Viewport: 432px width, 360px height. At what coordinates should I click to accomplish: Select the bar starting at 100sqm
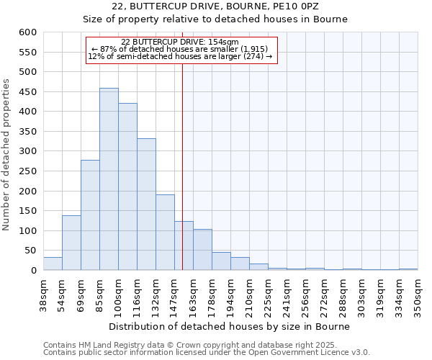tap(127, 186)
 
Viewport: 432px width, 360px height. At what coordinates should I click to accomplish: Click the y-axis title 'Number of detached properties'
tap(8, 155)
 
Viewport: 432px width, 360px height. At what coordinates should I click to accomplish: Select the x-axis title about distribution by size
tap(230, 326)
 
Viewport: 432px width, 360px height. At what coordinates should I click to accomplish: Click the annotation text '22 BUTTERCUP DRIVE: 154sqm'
tap(181, 42)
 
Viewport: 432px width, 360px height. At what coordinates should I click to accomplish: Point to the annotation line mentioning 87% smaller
tap(181, 49)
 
